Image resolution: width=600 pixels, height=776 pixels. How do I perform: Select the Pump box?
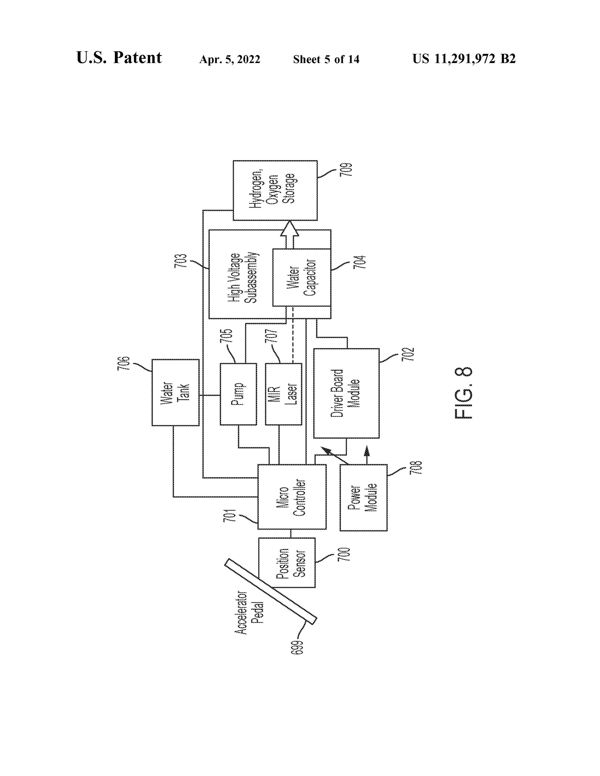click(x=238, y=394)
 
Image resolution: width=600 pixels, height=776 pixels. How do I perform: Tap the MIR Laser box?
click(x=283, y=394)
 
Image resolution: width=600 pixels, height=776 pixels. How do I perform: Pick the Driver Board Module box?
click(x=346, y=393)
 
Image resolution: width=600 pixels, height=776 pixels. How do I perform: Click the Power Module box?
click(x=363, y=497)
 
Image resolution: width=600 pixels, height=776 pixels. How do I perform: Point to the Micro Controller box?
click(x=292, y=497)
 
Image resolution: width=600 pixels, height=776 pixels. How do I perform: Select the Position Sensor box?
click(x=287, y=562)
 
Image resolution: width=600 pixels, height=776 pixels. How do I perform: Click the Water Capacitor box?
click(x=301, y=277)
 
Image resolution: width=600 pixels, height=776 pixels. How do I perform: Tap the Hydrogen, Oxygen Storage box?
click(x=275, y=190)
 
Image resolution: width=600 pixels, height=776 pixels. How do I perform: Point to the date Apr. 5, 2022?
click(x=230, y=59)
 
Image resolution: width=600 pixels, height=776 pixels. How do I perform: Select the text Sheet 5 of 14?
click(x=326, y=59)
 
